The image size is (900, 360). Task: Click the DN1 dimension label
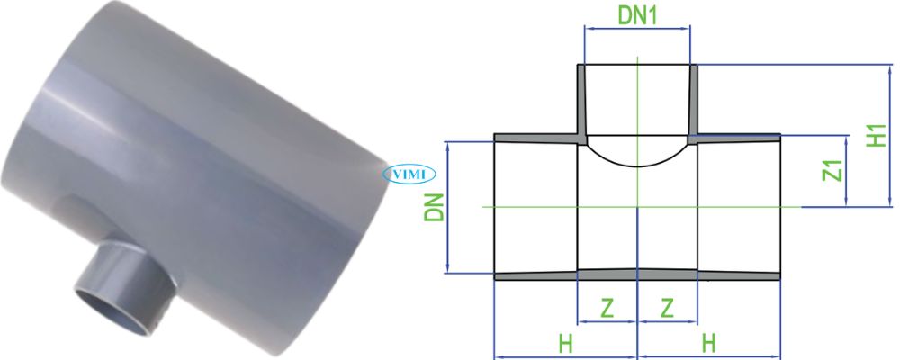637,14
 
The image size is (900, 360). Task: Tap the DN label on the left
436,208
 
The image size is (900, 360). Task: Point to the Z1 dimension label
832,170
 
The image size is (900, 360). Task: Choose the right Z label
667,308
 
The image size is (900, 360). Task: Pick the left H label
565,343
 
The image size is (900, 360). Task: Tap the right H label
709,343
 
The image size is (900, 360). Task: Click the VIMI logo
409,174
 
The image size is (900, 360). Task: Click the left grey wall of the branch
581,101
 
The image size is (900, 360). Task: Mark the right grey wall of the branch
694,101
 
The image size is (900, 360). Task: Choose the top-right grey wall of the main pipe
738,138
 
